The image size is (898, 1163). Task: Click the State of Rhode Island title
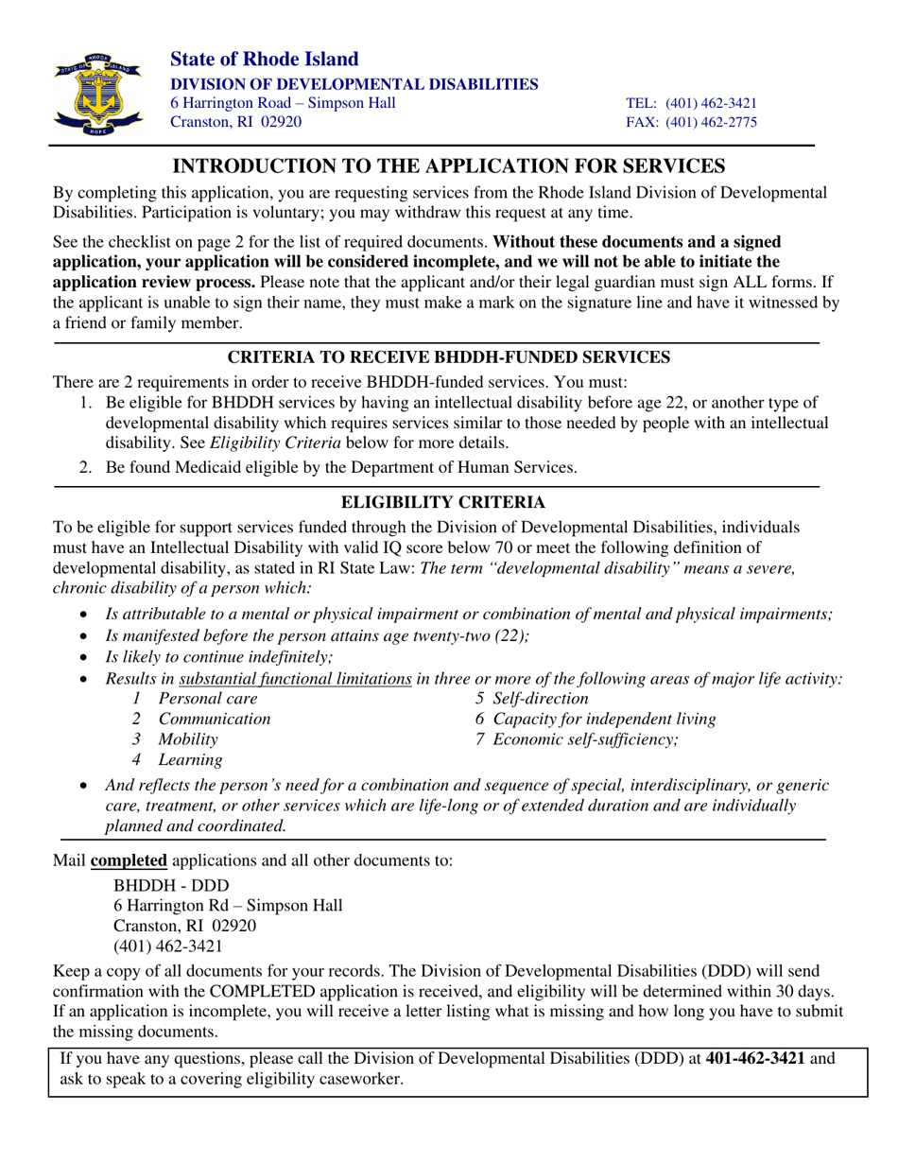tap(264, 60)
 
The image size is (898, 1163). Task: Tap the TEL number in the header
tap(692, 103)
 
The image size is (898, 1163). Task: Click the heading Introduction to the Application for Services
tap(448, 166)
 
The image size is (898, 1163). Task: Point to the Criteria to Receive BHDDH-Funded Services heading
tap(449, 357)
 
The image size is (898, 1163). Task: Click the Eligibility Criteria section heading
tap(449, 501)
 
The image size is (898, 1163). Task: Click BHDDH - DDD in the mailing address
tap(170, 885)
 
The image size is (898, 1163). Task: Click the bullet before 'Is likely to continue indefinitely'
tap(87, 658)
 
